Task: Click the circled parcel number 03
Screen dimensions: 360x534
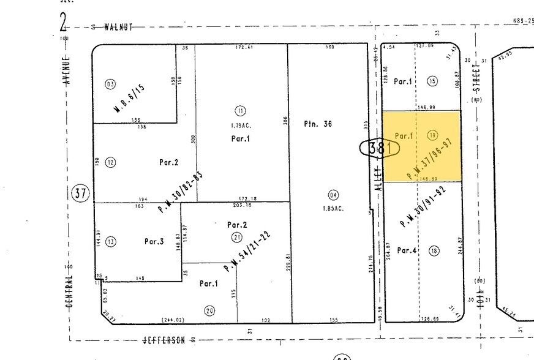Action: [110, 84]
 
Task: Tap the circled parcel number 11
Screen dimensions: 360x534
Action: [240, 110]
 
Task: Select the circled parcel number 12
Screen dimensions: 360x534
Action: [110, 162]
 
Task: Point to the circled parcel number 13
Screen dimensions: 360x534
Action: [110, 241]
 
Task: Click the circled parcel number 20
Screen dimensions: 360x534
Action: [209, 310]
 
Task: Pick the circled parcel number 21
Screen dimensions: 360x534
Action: [236, 237]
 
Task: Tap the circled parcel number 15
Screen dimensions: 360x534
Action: [433, 81]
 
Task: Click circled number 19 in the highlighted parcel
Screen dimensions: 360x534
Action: [433, 136]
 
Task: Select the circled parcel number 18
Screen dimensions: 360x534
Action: [434, 250]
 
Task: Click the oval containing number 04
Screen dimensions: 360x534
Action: [333, 195]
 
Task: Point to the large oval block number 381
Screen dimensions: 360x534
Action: [380, 148]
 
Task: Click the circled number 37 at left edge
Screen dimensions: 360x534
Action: [81, 193]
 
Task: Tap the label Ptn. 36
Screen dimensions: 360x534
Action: [318, 124]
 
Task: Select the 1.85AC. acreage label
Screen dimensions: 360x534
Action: [333, 209]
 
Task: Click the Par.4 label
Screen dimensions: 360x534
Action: [407, 250]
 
